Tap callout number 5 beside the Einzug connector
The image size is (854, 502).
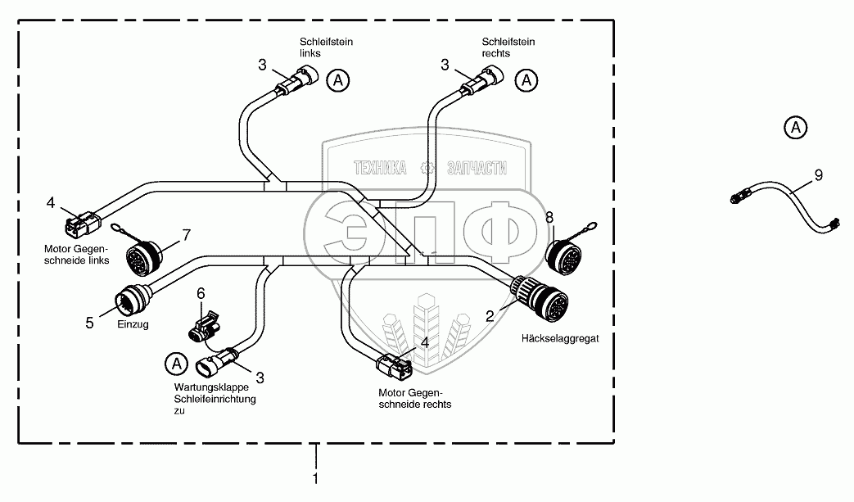click(x=90, y=323)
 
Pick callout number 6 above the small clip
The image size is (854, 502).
click(x=201, y=293)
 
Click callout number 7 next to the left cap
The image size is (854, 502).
click(x=186, y=236)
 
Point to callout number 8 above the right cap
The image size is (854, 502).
click(x=549, y=217)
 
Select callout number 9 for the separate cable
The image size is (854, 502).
click(x=818, y=174)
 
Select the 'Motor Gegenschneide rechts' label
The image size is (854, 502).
click(x=417, y=399)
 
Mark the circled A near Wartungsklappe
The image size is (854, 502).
click(x=174, y=361)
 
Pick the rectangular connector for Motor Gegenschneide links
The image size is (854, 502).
click(x=83, y=223)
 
